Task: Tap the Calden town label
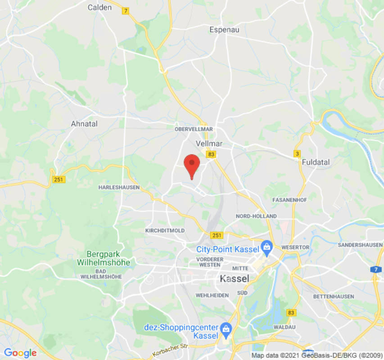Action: coord(99,7)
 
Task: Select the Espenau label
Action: coord(224,30)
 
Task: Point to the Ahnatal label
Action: coord(84,123)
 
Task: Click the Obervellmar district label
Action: coord(194,129)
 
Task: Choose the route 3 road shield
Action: coord(297,154)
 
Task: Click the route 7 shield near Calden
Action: coord(126,11)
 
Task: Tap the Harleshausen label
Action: coord(119,187)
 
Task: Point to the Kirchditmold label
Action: coord(165,230)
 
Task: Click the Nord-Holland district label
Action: coord(256,216)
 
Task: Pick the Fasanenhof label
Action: coord(290,199)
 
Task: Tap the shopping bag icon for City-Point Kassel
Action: coord(267,247)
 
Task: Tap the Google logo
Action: coord(20,353)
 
